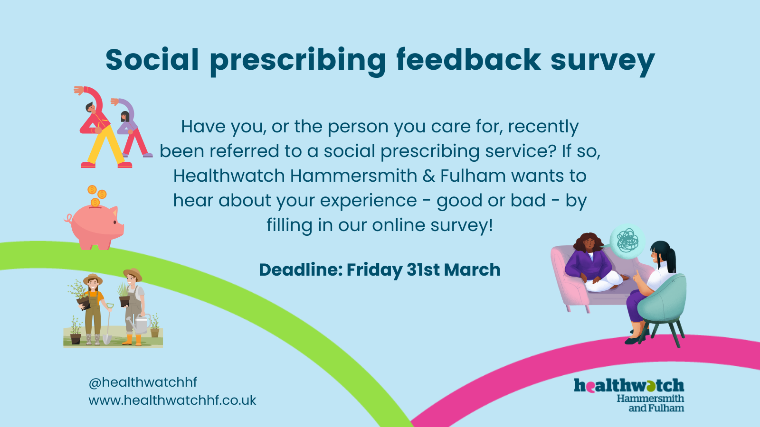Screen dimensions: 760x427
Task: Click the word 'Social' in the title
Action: pyautogui.click(x=152, y=60)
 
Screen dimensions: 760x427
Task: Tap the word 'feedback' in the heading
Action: pyautogui.click(x=468, y=60)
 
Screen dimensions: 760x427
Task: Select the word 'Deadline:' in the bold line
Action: pyautogui.click(x=301, y=270)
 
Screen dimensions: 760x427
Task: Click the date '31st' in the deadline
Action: pyautogui.click(x=423, y=270)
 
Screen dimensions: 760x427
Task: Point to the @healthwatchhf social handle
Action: pyautogui.click(x=143, y=382)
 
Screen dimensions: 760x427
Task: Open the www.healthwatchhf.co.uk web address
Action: pyautogui.click(x=172, y=400)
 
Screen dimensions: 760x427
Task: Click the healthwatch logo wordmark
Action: pyautogui.click(x=629, y=386)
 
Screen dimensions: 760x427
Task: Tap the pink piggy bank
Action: pyautogui.click(x=95, y=226)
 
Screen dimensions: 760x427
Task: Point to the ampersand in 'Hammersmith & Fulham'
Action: pyautogui.click(x=429, y=176)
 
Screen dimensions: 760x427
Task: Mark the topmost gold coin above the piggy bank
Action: pyautogui.click(x=92, y=189)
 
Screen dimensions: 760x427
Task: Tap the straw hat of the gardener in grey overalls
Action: pyautogui.click(x=133, y=273)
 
